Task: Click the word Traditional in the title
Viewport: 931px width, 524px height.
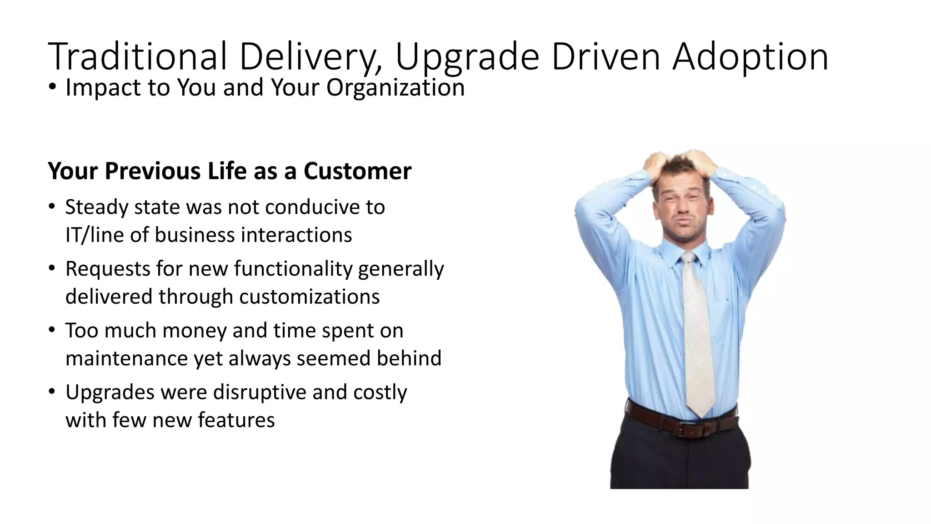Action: tap(137, 57)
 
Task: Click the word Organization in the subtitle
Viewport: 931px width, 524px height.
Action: tap(395, 87)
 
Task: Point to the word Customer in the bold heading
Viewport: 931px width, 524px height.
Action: tap(357, 171)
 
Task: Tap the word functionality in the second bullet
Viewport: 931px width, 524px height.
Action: tap(293, 269)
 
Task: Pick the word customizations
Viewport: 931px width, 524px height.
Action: tap(309, 297)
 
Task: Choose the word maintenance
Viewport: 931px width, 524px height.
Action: tap(126, 358)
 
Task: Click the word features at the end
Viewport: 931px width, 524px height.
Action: tap(236, 420)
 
